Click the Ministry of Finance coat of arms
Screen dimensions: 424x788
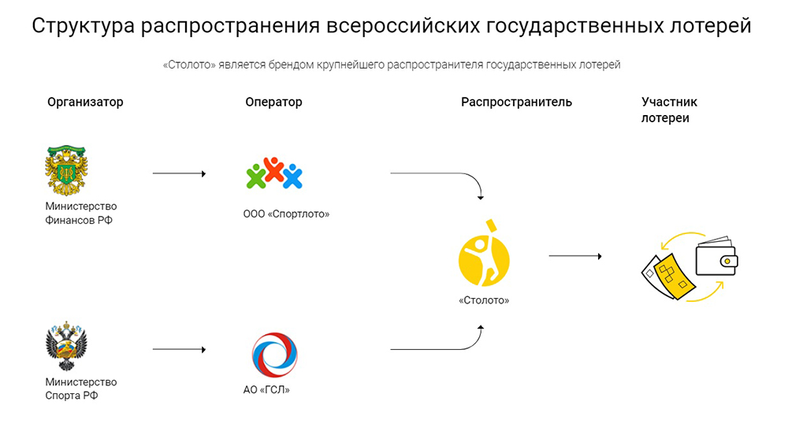pos(67,169)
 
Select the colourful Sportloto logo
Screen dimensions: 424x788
pos(273,173)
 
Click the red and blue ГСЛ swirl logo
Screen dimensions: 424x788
pos(274,355)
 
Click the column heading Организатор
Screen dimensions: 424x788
pos(85,102)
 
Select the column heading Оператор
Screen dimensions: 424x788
pos(273,102)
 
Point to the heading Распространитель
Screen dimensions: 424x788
pos(516,102)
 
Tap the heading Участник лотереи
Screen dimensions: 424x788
pos(669,110)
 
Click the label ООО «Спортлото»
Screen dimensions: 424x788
pos(286,214)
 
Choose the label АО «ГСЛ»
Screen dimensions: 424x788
pos(266,390)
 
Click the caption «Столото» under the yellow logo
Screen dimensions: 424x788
pos(484,300)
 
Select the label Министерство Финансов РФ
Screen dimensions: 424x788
pos(81,214)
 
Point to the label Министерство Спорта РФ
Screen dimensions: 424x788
pos(81,389)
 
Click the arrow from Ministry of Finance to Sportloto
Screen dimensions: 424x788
pos(179,173)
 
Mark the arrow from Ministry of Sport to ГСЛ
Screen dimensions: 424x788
pos(179,349)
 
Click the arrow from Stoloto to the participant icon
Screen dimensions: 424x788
pos(575,256)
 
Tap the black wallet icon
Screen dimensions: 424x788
pos(716,256)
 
